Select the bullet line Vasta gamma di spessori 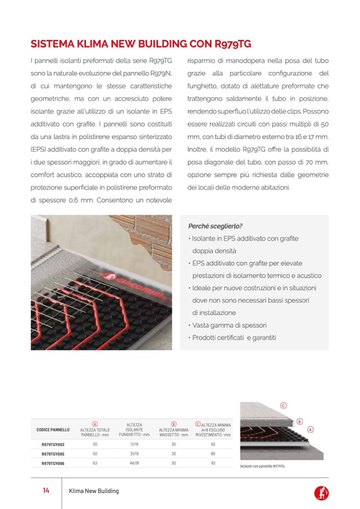pyautogui.click(x=229, y=325)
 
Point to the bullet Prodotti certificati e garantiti pyautogui.click(x=234, y=338)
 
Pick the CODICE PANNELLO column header pyautogui.click(x=53, y=429)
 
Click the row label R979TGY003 pyautogui.click(x=53, y=444)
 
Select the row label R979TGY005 pyautogui.click(x=53, y=454)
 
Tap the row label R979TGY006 pyautogui.click(x=53, y=464)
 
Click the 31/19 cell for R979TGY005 pyautogui.click(x=134, y=454)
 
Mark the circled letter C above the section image pyautogui.click(x=284, y=406)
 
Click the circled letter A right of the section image pyautogui.click(x=310, y=429)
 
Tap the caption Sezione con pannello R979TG pyautogui.click(x=263, y=467)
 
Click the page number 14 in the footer pyautogui.click(x=46, y=491)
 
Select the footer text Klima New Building pyautogui.click(x=94, y=491)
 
